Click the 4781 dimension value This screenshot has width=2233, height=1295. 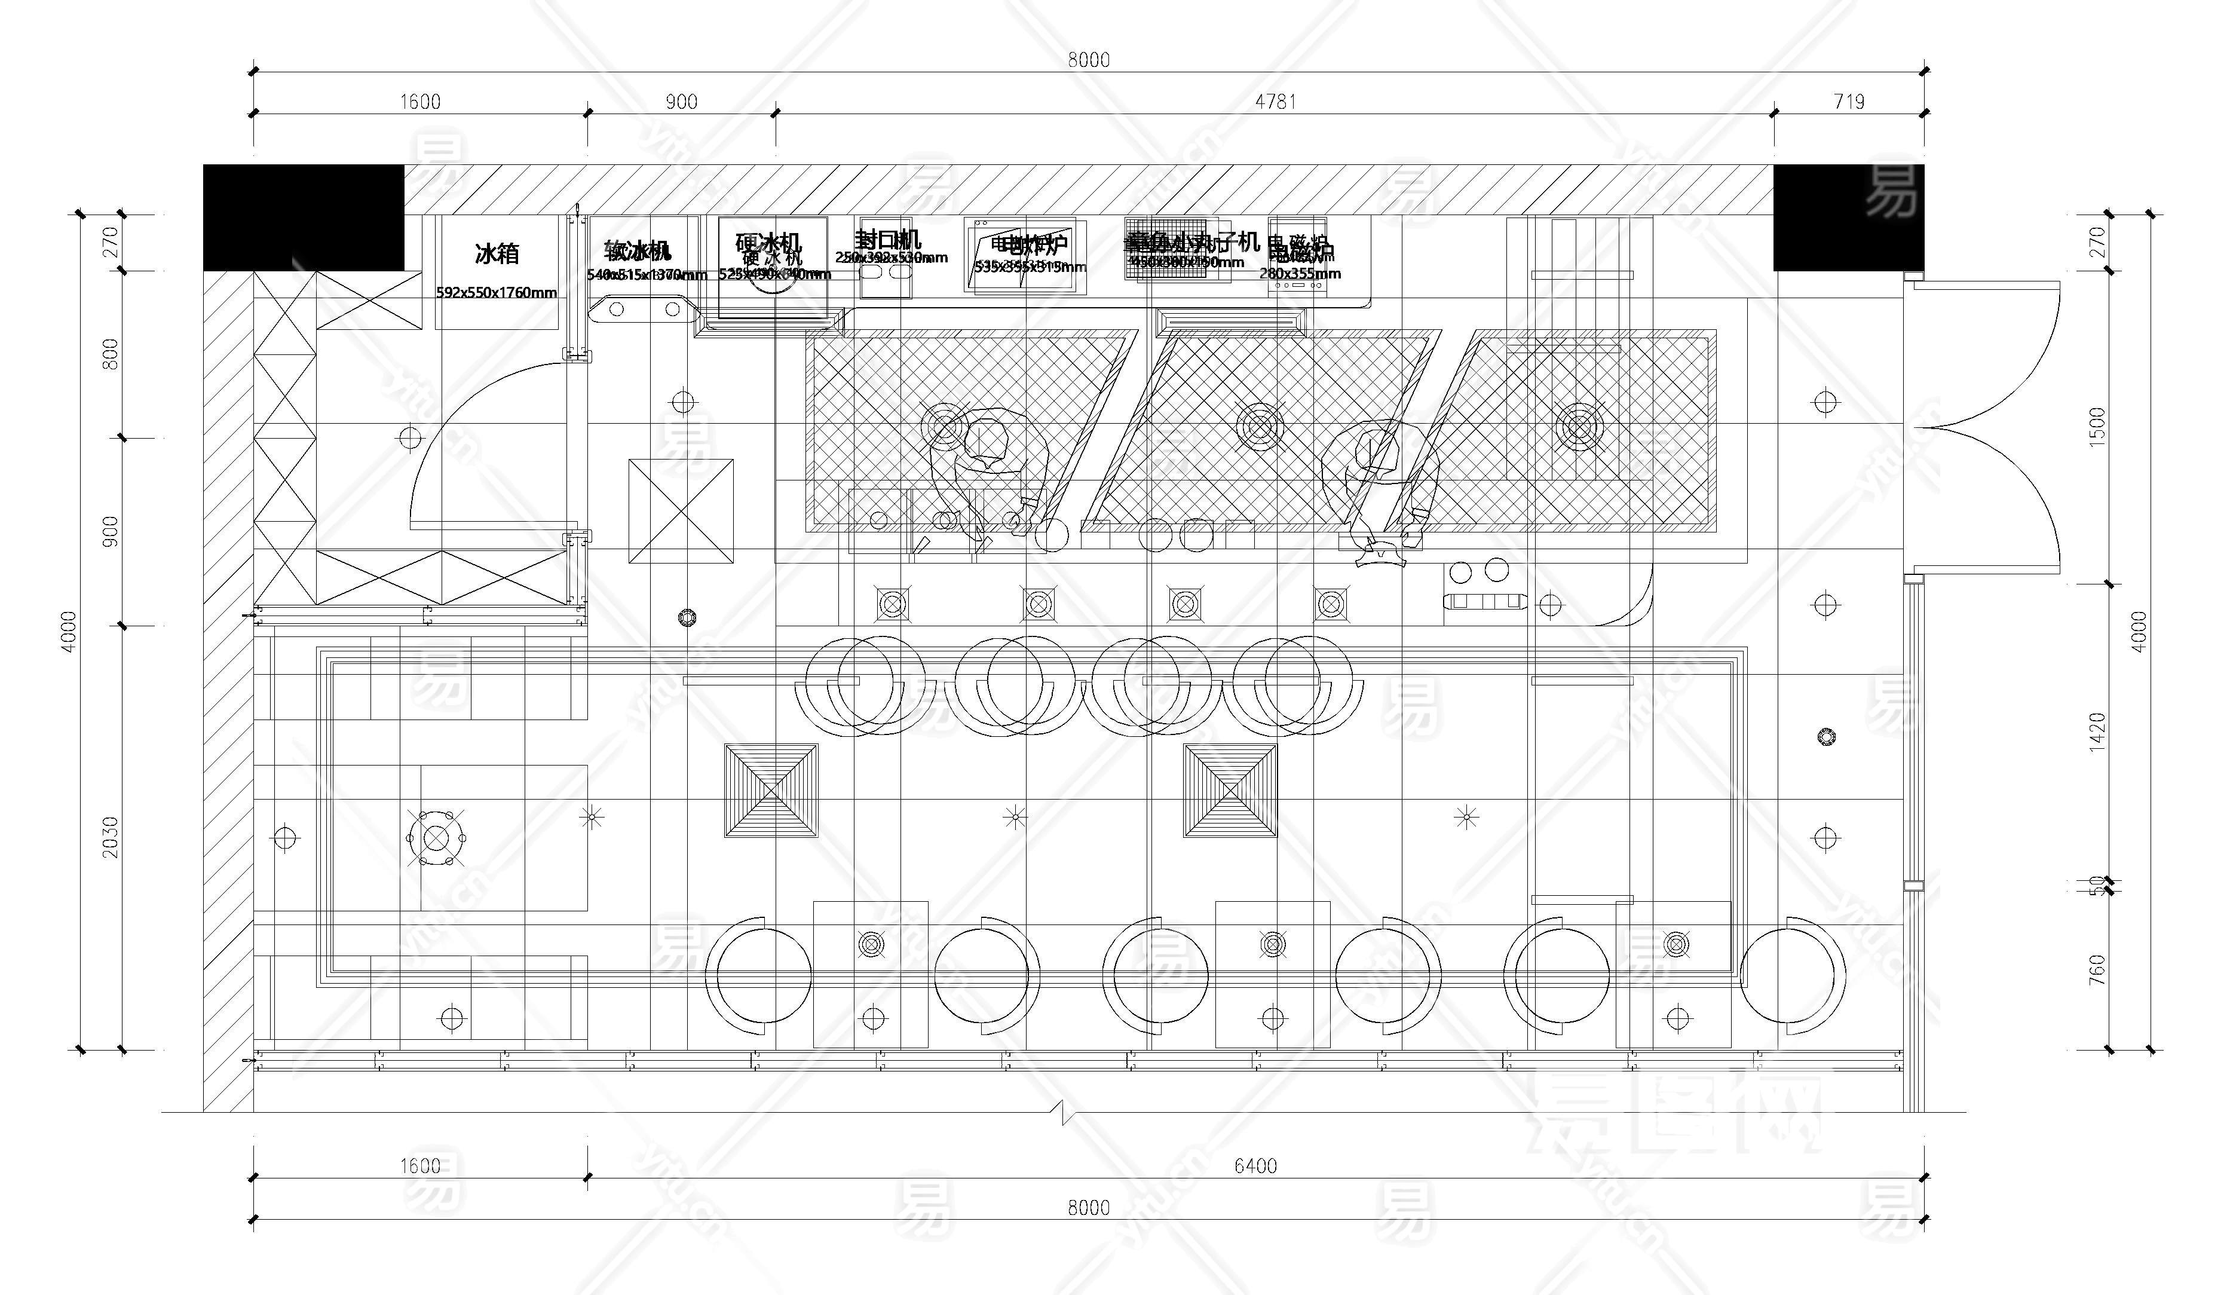click(1275, 102)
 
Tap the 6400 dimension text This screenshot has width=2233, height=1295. click(1255, 1165)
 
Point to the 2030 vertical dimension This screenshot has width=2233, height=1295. click(110, 837)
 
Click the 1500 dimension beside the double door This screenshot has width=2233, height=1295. click(2097, 427)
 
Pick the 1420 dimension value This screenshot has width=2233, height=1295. click(2097, 732)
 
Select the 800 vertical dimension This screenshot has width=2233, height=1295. click(110, 354)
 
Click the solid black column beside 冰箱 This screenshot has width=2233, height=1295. click(303, 217)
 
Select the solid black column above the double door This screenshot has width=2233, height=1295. click(1848, 217)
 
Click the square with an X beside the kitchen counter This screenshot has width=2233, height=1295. click(681, 510)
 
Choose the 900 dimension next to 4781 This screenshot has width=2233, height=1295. click(681, 102)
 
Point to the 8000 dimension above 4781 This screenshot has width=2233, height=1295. click(1088, 59)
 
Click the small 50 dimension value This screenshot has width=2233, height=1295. click(2097, 884)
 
